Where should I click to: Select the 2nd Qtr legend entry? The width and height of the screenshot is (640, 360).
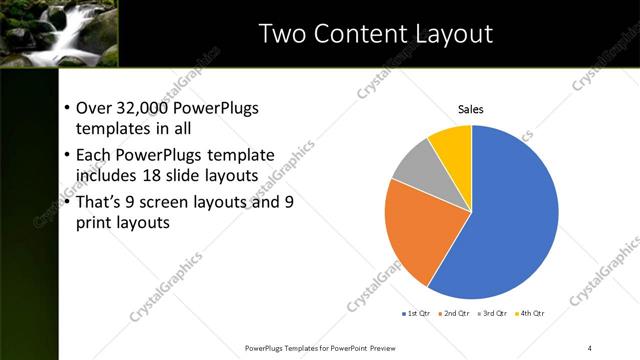(x=456, y=314)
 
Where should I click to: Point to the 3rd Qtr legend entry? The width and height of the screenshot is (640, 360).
(x=496, y=314)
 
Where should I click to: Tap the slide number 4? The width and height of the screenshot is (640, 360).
(x=591, y=347)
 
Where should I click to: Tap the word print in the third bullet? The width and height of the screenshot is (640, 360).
(x=94, y=223)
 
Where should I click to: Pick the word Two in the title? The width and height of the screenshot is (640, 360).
(x=283, y=33)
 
